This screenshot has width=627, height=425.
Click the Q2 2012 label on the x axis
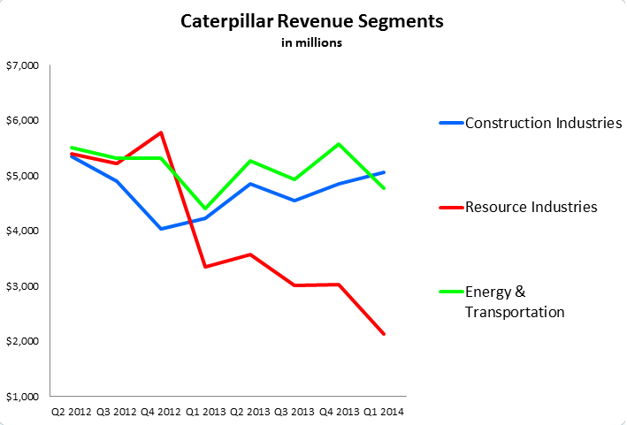click(x=72, y=410)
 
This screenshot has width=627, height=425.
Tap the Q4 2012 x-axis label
click(x=160, y=410)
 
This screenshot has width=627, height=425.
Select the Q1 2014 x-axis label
click(x=384, y=410)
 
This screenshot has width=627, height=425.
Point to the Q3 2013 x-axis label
click(x=294, y=410)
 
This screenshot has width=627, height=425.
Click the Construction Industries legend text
click(x=543, y=123)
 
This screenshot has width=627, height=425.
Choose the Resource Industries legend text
click(x=531, y=207)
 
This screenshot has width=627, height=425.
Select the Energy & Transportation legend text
click(x=515, y=301)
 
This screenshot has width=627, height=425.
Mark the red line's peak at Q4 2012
click(x=161, y=133)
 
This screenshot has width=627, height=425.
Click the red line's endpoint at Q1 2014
click(x=384, y=334)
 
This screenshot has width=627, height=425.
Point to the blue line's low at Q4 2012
click(x=161, y=229)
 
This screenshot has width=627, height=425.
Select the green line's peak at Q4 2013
click(x=340, y=144)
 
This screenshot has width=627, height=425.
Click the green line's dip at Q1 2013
click(x=205, y=209)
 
